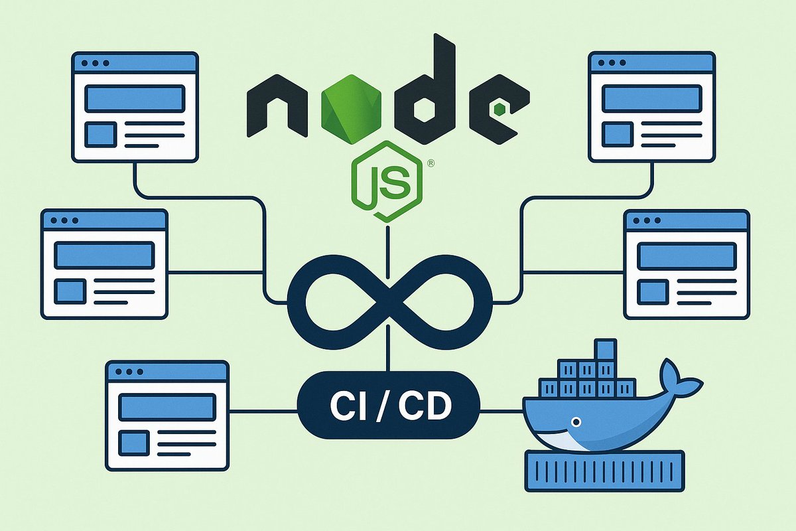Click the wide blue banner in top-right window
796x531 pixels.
(x=652, y=98)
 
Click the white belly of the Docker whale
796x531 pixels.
(x=564, y=439)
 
